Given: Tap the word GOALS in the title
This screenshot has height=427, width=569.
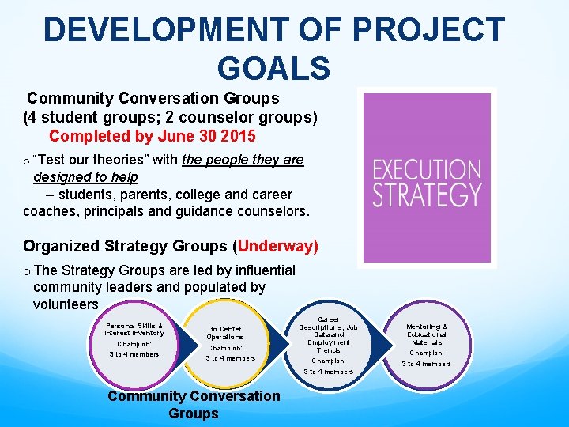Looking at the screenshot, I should [273, 68].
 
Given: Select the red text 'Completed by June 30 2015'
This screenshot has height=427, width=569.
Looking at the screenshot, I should [153, 136].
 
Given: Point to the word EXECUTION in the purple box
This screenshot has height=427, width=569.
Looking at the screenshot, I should [426, 170].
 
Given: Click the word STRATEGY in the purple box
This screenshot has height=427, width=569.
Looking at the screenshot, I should [426, 194].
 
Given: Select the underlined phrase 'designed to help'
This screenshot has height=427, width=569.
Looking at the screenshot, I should [85, 177].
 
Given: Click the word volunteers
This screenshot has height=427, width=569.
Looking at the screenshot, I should [66, 304].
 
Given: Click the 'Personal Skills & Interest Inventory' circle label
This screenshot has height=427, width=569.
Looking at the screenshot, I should [134, 329].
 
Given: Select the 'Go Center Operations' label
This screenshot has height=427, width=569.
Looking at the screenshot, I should [225, 333].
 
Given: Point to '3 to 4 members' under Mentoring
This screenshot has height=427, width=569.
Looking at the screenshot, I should [427, 364].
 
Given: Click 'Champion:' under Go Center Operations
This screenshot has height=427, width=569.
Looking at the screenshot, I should [225, 348].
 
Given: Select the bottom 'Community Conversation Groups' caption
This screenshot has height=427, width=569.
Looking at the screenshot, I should [194, 404].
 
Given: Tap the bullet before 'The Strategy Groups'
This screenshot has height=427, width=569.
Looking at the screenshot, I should [27, 271].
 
